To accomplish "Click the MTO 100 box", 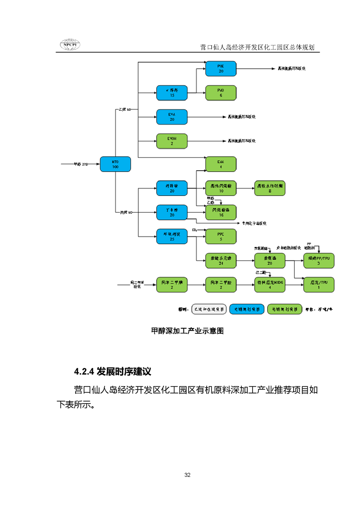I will point(115,164).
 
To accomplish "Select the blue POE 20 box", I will point(221,68).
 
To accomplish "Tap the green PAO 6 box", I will point(221,93).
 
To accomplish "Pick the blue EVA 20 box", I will point(172,117).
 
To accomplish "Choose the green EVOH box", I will point(172,141).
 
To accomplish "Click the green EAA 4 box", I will point(221,164).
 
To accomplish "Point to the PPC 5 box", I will point(221,236).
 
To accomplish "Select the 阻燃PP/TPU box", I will point(319,261).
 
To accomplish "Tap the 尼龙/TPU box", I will point(319,285).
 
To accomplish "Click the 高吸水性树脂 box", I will point(269,188).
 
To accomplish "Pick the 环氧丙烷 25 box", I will point(172,236).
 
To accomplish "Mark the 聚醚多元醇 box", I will point(221,261).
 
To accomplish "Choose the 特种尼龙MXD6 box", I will point(269,285).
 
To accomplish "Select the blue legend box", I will point(247,309).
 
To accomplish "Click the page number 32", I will point(187,475).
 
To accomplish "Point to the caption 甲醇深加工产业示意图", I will point(187,331).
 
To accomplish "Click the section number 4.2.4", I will point(84,371).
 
